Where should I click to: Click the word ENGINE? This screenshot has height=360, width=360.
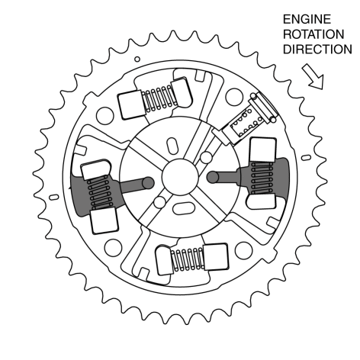[307, 19]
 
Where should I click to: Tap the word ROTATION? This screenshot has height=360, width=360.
[313, 34]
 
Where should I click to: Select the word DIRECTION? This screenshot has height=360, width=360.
[317, 50]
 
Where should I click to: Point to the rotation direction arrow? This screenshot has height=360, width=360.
[313, 76]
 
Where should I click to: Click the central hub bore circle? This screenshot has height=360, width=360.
[180, 177]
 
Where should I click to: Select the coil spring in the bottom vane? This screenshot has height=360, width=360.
[188, 259]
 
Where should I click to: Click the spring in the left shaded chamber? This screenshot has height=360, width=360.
[100, 192]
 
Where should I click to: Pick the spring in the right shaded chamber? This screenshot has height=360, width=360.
[262, 178]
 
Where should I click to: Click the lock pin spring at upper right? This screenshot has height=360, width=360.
[246, 121]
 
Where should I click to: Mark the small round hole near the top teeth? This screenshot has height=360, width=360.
[137, 59]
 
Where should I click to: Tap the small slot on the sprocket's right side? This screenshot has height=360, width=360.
[306, 158]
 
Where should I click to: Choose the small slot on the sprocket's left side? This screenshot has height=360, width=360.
[53, 198]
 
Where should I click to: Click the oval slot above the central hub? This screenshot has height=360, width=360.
[172, 146]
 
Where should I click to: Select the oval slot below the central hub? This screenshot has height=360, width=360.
[184, 208]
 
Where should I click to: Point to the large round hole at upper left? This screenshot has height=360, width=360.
[105, 116]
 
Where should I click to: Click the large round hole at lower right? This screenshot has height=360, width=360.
[243, 250]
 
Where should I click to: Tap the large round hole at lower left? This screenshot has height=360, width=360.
[113, 248]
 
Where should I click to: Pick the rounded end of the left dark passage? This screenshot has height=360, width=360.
[148, 183]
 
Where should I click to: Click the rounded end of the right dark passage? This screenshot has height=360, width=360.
[213, 177]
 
